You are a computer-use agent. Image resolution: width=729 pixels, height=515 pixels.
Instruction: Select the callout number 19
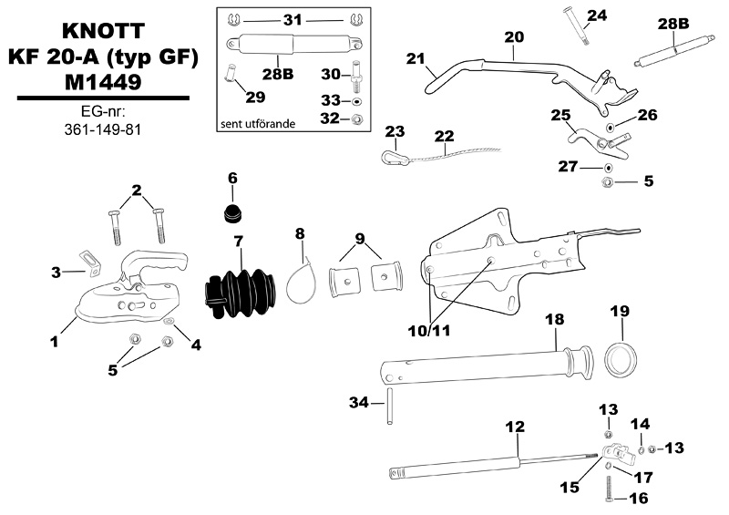coord(619,311)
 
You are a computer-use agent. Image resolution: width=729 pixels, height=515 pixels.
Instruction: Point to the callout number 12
coord(515,426)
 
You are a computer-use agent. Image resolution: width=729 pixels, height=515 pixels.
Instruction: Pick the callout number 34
coord(361,401)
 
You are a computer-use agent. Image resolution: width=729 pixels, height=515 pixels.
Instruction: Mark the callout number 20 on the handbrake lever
coord(514,37)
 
